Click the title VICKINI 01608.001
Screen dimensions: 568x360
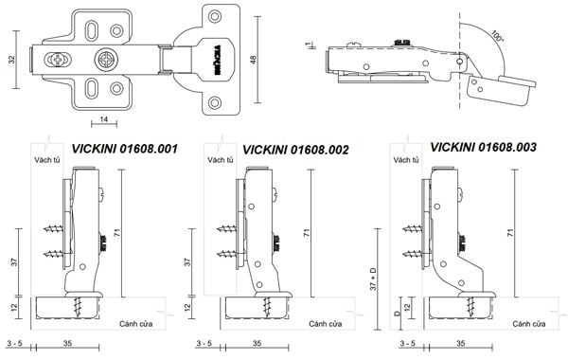[125, 149]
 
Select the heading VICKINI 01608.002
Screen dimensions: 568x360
[295, 150]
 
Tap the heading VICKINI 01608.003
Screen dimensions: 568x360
[483, 147]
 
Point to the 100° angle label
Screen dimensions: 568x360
[497, 37]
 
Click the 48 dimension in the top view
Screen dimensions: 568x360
[253, 60]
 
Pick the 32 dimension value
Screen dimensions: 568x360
[12, 60]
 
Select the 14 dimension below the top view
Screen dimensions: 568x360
[104, 119]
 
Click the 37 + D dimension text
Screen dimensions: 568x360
[374, 279]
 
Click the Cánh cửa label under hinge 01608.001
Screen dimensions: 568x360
[135, 324]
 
